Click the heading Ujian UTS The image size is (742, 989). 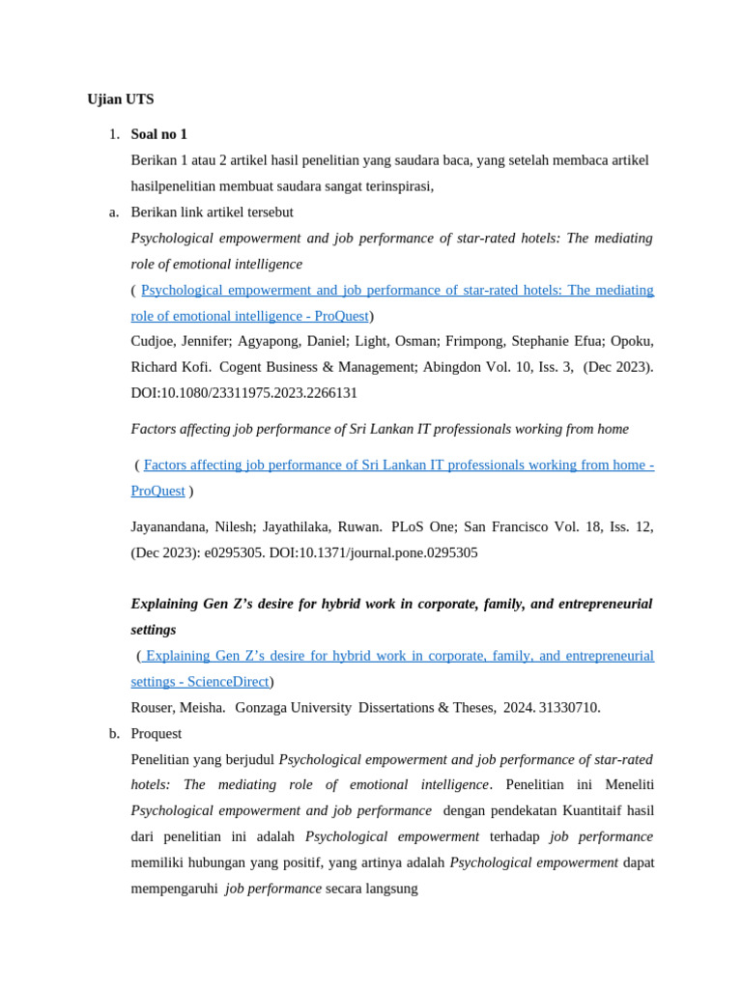(120, 99)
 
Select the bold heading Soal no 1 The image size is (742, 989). (159, 134)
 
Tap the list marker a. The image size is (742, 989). (114, 212)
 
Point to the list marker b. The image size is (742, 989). (114, 734)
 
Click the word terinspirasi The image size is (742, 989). (393, 186)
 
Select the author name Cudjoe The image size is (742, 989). (155, 341)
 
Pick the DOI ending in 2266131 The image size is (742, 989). (243, 393)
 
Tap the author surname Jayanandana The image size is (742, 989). (169, 527)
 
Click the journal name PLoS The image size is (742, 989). (412, 527)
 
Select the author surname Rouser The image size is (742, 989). (155, 708)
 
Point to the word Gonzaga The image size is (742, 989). (261, 708)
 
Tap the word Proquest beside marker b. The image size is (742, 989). (157, 734)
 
